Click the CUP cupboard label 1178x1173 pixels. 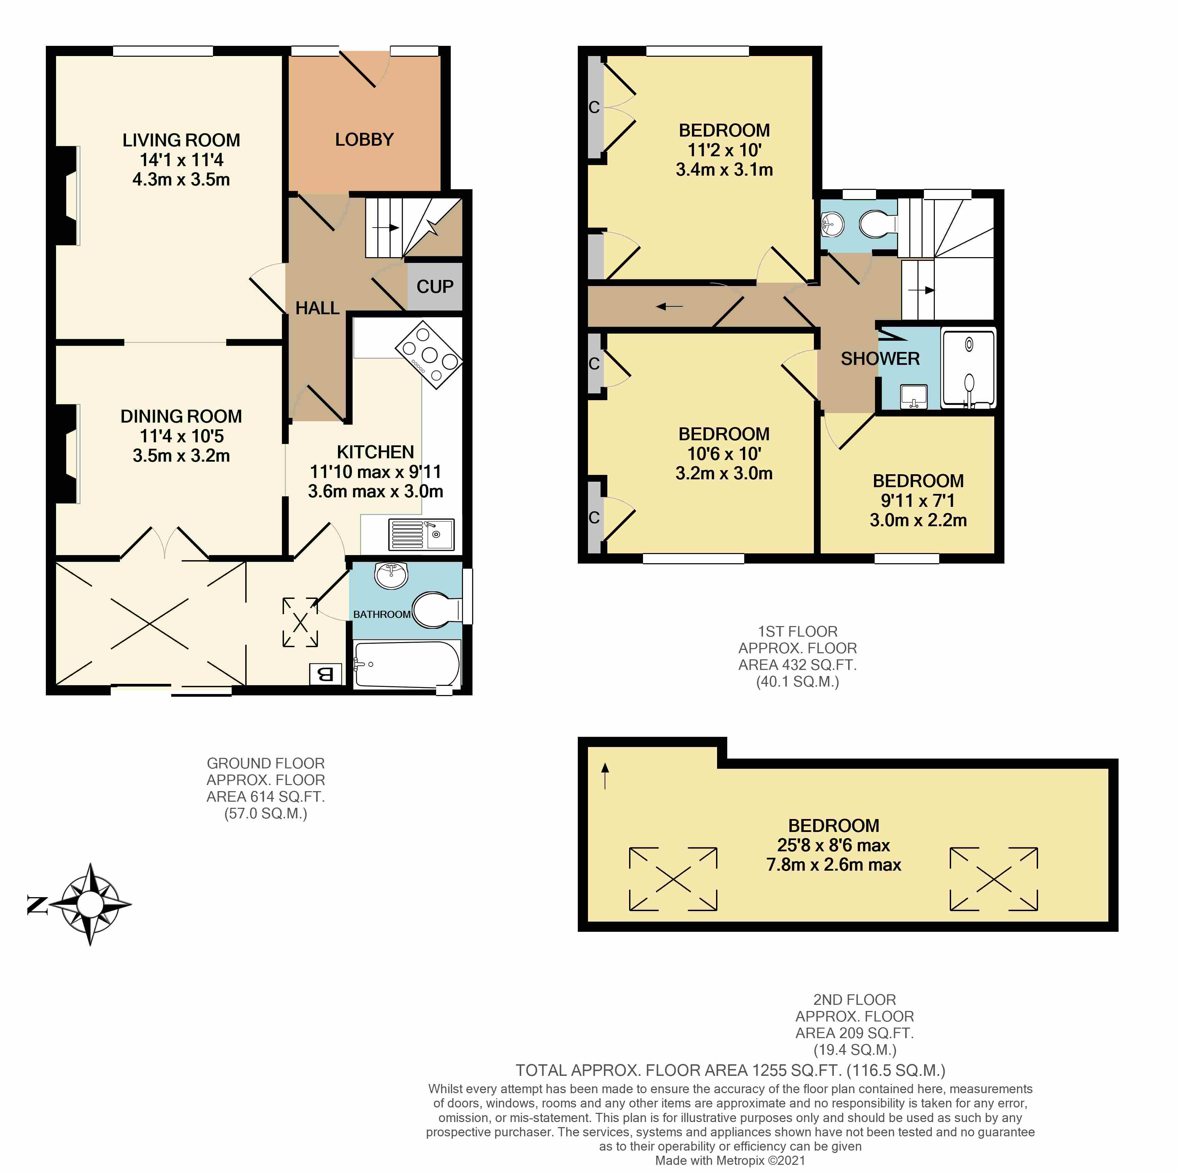(x=435, y=287)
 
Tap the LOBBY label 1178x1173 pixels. (x=364, y=140)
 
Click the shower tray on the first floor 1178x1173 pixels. (x=969, y=368)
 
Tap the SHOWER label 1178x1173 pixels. (x=880, y=358)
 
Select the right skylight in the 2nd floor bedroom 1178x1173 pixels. (x=993, y=878)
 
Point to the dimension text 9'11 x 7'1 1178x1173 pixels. (x=918, y=500)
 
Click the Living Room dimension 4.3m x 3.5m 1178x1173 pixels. (x=181, y=180)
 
